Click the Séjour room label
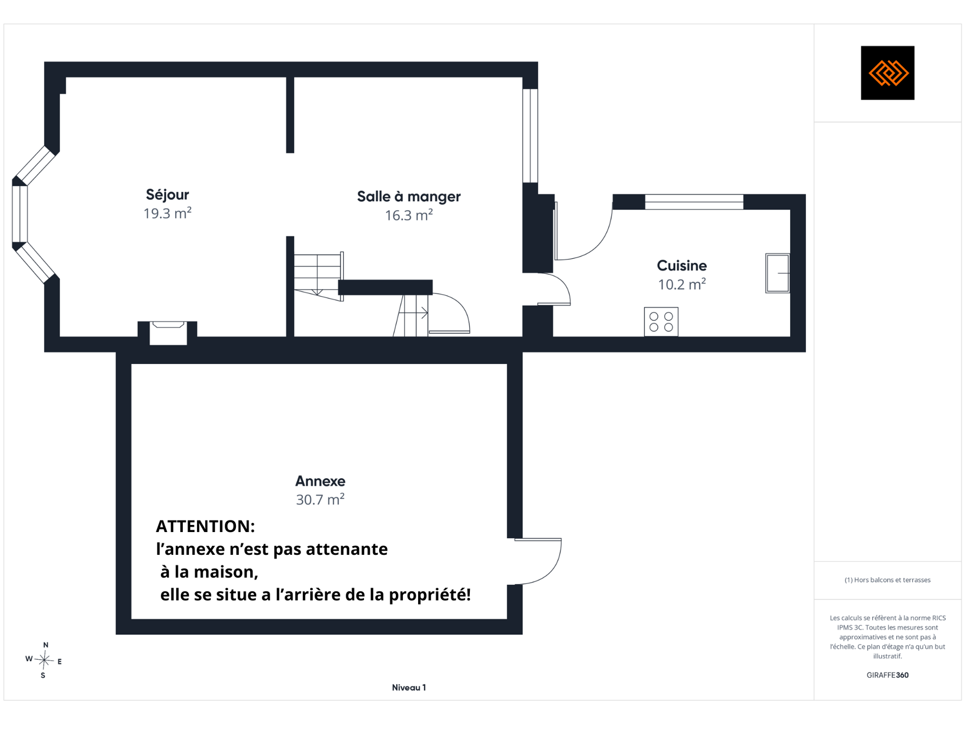tap(167, 195)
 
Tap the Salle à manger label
tap(409, 196)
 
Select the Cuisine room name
tap(681, 265)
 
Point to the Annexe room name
tap(320, 481)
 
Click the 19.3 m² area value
tap(167, 213)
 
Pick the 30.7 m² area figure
tap(320, 499)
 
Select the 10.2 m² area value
tap(681, 284)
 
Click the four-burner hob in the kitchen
tap(661, 321)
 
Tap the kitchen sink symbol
tap(778, 273)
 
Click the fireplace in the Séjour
tap(169, 333)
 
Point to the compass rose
tap(44, 660)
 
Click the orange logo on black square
tap(887, 73)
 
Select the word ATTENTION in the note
tap(205, 526)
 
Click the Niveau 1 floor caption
tap(409, 687)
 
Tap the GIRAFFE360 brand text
tap(887, 675)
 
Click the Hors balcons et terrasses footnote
tap(887, 580)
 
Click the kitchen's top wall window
tap(694, 202)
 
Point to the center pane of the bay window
tap(20, 214)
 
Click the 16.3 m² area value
tap(409, 215)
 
